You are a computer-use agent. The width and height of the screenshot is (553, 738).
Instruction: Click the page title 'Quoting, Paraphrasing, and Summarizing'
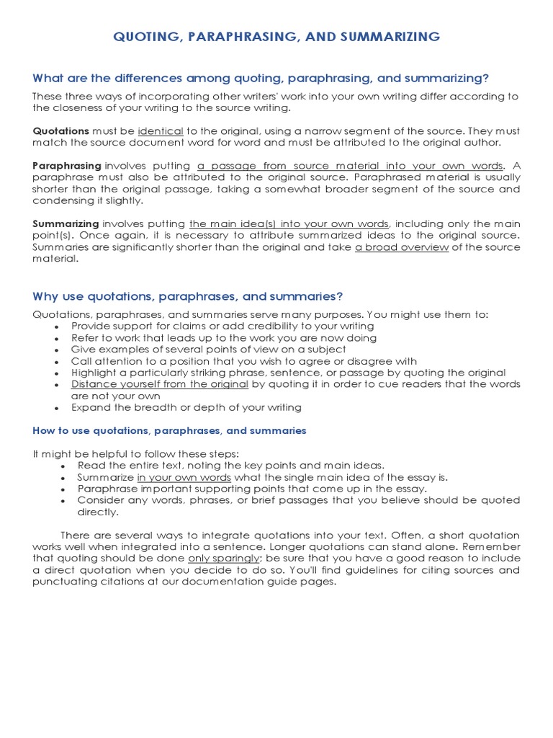click(276, 37)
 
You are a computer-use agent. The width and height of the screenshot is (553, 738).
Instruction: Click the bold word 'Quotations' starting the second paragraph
click(61, 131)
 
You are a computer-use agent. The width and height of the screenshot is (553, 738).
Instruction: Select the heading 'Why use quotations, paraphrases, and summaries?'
click(188, 296)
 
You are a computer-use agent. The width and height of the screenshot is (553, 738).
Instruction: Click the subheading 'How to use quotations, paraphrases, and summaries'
click(170, 430)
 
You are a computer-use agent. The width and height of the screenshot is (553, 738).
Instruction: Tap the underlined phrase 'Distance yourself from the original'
click(160, 384)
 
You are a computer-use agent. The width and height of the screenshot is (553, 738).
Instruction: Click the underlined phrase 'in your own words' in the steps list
click(184, 477)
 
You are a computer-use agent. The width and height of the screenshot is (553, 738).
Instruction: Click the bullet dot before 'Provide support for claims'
click(57, 327)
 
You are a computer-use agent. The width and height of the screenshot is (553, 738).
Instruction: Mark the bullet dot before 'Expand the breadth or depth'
click(57, 408)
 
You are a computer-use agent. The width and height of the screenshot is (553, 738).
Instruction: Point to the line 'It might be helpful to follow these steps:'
click(135, 453)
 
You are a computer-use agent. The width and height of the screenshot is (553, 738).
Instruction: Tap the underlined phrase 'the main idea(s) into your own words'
click(289, 223)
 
